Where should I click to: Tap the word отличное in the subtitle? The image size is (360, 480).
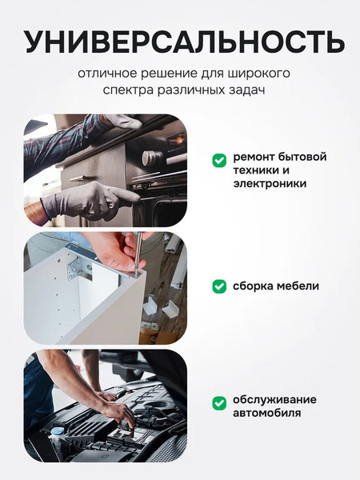[106, 74]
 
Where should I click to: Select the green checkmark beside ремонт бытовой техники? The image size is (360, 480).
[218, 161]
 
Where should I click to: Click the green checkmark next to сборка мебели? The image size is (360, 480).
[218, 286]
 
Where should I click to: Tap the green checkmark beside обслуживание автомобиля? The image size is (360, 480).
[218, 403]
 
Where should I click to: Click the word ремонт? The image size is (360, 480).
[254, 156]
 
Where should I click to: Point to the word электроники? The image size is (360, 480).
[270, 183]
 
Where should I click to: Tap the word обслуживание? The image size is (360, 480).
[274, 399]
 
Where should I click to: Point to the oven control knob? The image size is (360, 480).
[152, 158]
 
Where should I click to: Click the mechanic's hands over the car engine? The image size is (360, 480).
[116, 409]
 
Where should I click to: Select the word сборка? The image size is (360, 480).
[253, 286]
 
